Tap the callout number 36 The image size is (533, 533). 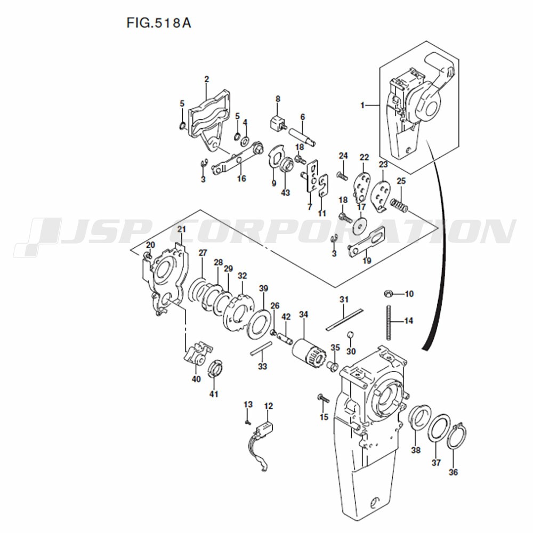click(453, 472)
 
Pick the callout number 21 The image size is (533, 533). click(181, 229)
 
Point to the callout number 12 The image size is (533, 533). click(268, 406)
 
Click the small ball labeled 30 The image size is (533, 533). click(350, 335)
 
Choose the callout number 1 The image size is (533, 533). click(362, 106)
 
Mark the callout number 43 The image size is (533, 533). click(285, 192)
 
